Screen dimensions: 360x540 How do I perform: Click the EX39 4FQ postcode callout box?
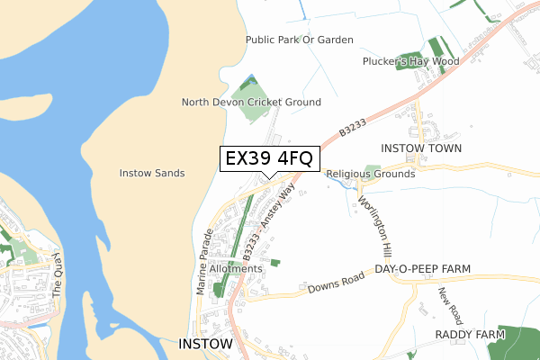[x=269, y=158]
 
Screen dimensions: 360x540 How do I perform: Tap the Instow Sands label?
[x=152, y=173]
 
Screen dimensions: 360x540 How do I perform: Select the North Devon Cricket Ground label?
[x=251, y=103]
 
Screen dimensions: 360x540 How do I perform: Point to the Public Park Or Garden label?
[x=299, y=40]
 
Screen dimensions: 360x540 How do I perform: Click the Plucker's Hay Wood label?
[x=410, y=61]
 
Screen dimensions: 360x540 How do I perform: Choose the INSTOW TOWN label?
[x=421, y=148]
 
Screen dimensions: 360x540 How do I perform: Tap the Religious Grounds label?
[x=371, y=174]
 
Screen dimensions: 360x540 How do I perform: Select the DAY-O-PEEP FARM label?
[x=423, y=269]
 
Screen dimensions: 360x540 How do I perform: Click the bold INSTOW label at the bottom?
[x=206, y=344]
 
